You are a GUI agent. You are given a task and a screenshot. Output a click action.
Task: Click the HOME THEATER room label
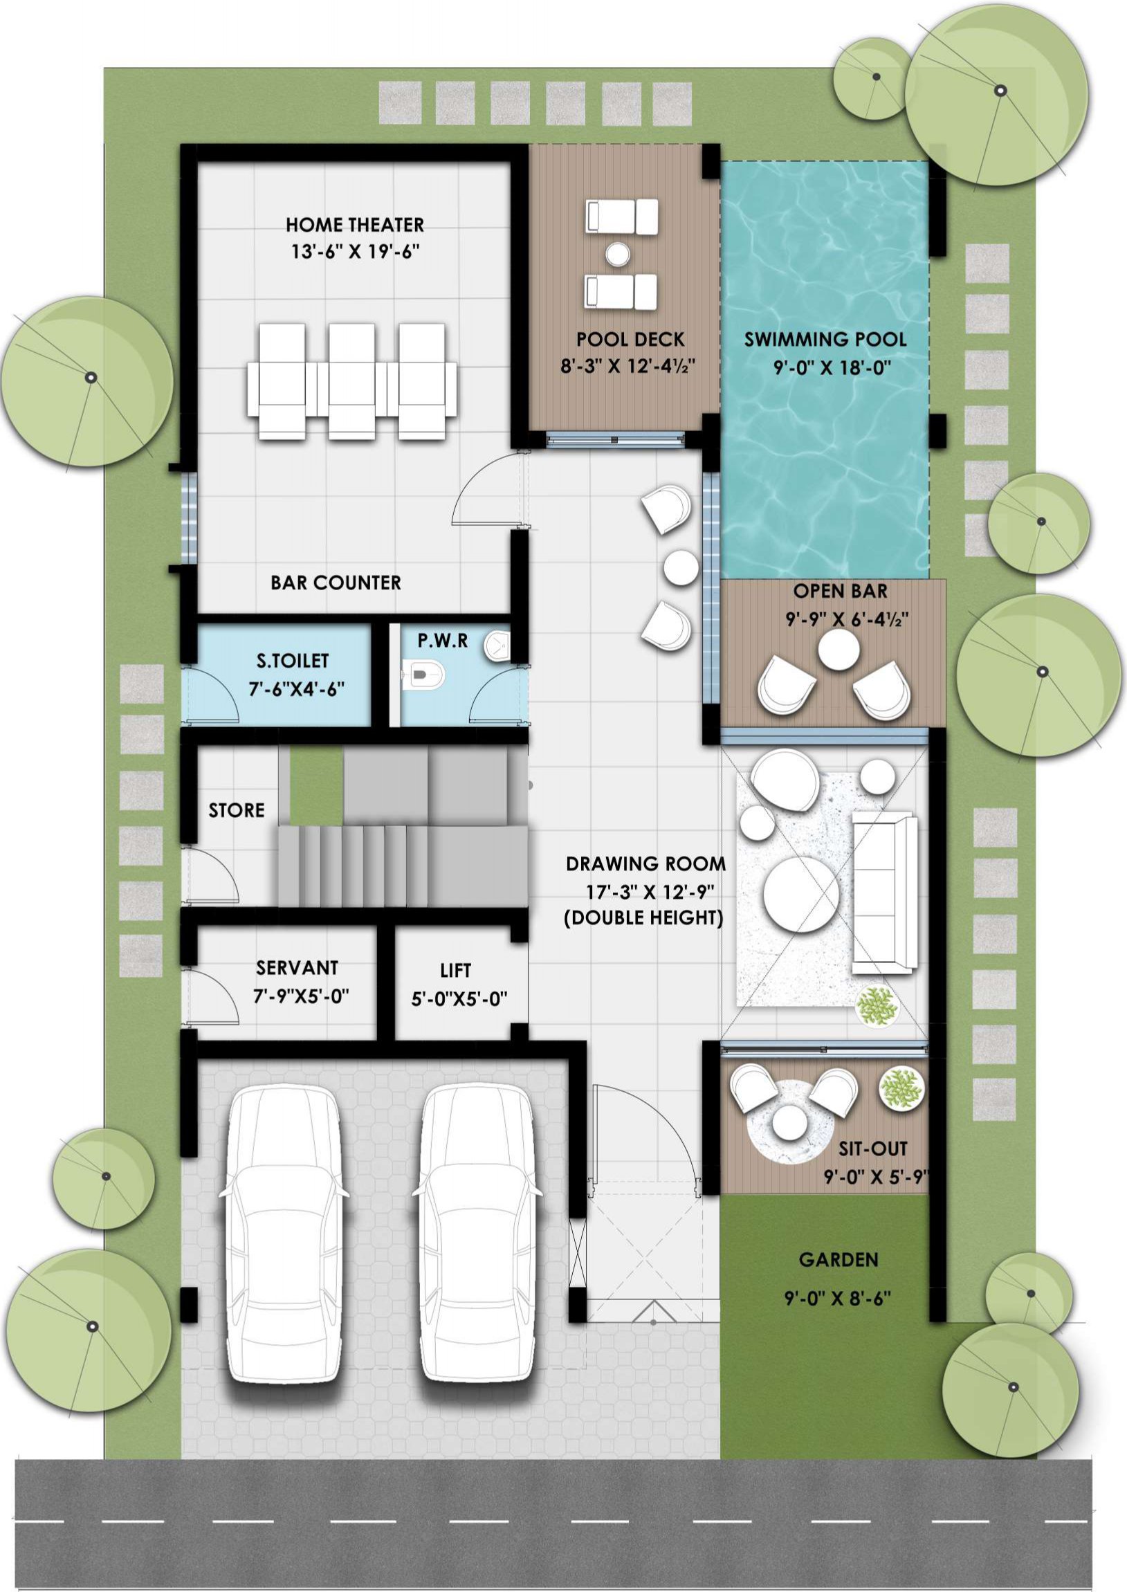[355, 225]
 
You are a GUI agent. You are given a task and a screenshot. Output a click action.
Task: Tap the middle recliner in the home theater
[352, 381]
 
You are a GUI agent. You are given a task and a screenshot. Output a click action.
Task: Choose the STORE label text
[237, 810]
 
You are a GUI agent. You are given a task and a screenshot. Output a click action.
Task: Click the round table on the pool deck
[617, 254]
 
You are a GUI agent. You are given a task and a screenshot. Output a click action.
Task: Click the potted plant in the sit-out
[901, 1088]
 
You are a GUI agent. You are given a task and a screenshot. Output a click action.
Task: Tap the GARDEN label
[839, 1260]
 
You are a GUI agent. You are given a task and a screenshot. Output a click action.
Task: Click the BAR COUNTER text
[336, 583]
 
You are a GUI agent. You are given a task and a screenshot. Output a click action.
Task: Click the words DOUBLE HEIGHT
[643, 918]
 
